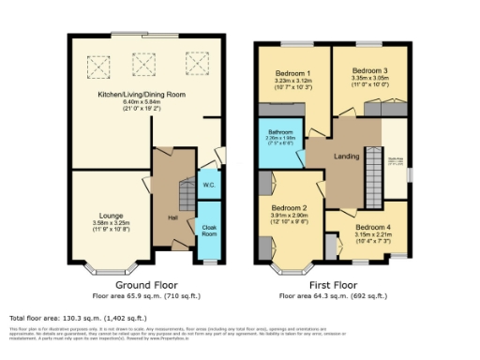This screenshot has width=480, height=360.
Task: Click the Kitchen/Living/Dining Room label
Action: tap(142, 95)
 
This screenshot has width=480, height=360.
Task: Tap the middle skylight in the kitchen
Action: tap(143, 64)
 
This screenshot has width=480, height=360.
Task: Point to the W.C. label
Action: tap(208, 185)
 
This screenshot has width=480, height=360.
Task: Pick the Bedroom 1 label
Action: tap(291, 72)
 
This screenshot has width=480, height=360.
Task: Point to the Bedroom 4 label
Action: tap(361, 226)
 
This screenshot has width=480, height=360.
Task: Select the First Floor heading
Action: tap(333, 283)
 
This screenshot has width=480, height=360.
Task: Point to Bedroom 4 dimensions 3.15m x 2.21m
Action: tap(361, 234)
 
